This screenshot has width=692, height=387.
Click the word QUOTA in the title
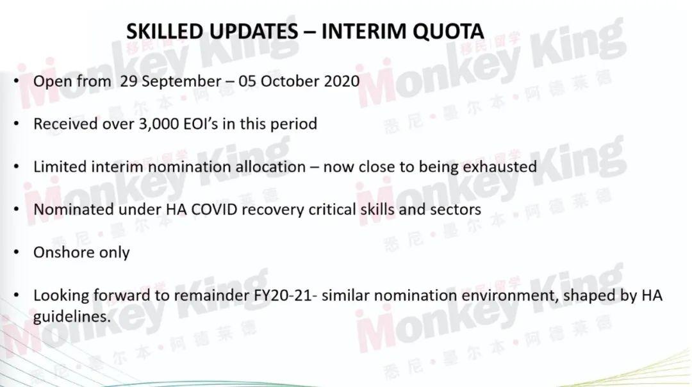pyautogui.click(x=449, y=31)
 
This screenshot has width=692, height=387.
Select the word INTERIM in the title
pyautogui.click(x=363, y=31)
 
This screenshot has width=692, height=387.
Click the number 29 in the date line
pyautogui.click(x=128, y=81)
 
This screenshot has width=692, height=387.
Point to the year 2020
pyautogui.click(x=342, y=81)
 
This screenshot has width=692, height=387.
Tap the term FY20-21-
pyautogui.click(x=286, y=295)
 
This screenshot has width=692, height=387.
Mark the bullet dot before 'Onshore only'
pyautogui.click(x=17, y=252)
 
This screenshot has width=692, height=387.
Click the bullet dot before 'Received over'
pyautogui.click(x=17, y=124)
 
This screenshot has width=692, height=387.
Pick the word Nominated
pyautogui.click(x=74, y=209)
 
